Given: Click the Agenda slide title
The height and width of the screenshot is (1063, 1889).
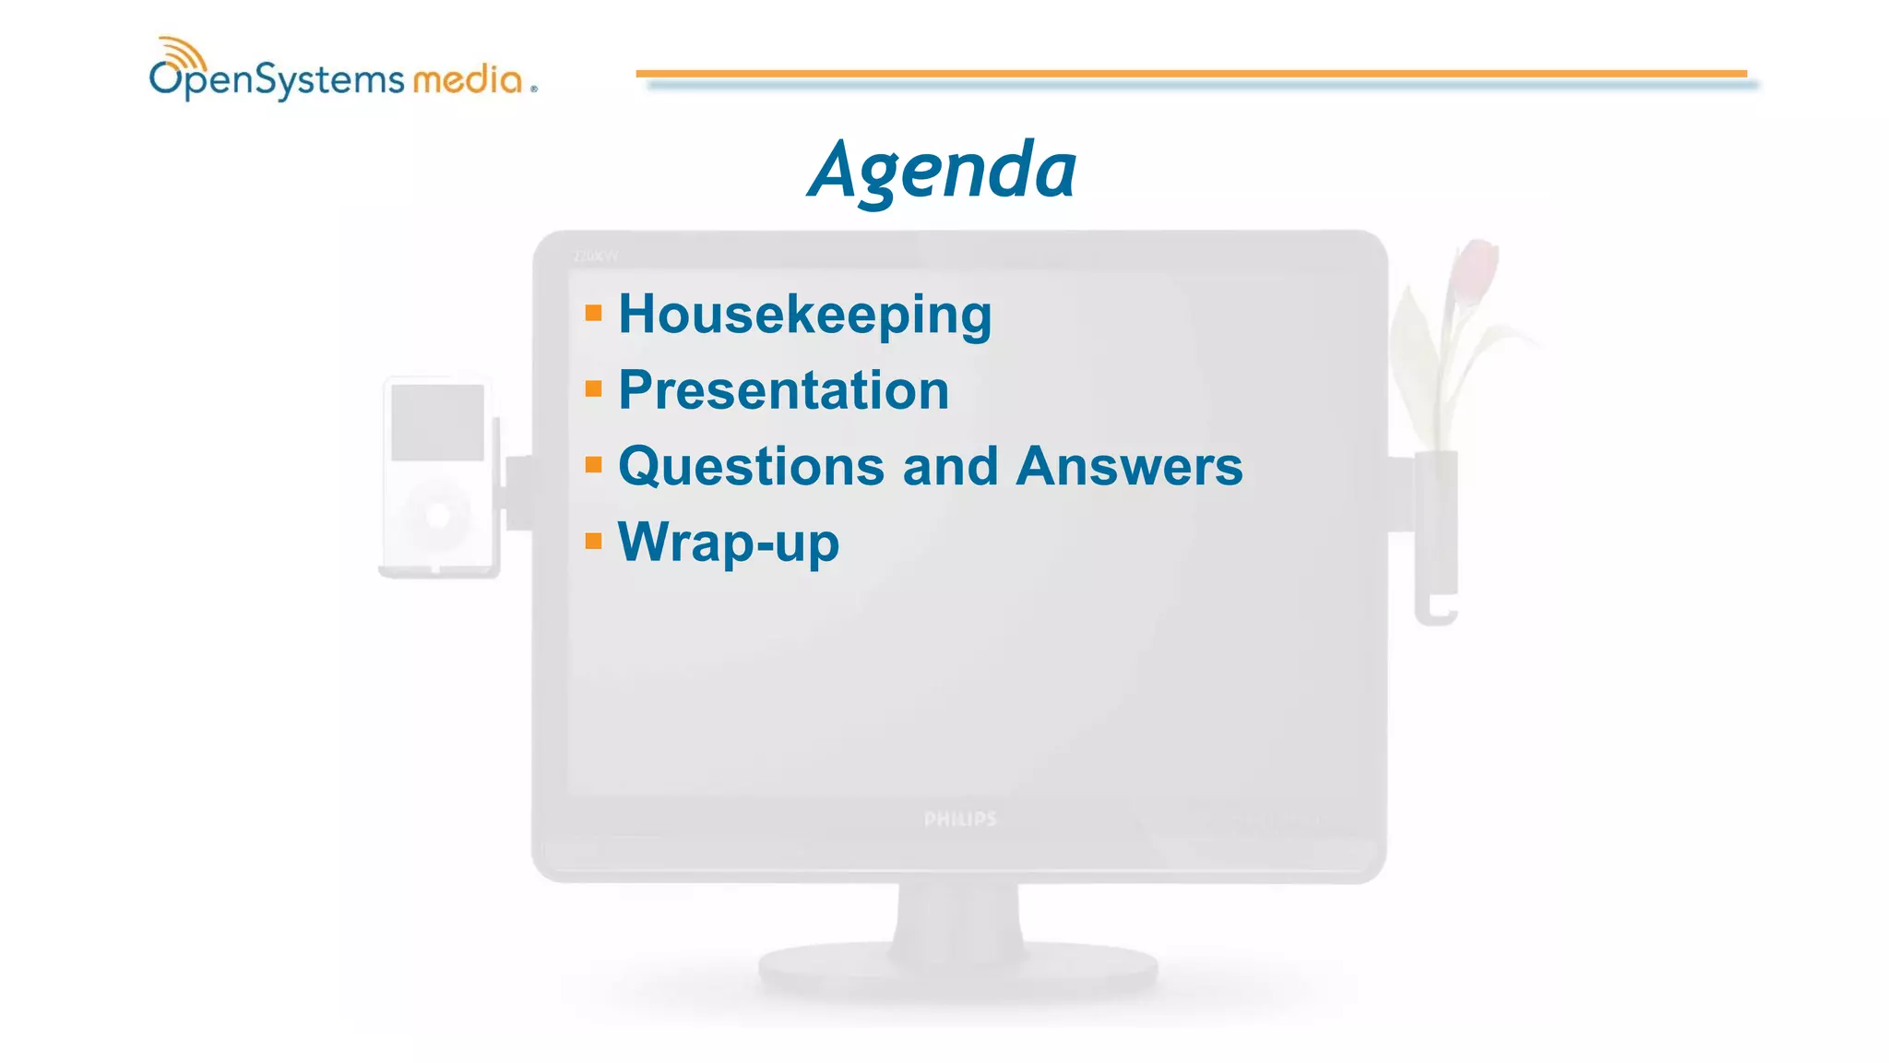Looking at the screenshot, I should tap(942, 171).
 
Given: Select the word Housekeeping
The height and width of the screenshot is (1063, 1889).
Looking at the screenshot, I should tap(804, 315).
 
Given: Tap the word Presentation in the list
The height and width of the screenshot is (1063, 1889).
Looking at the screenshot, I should tap(783, 390).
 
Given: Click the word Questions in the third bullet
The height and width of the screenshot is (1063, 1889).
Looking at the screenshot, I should tap(751, 466).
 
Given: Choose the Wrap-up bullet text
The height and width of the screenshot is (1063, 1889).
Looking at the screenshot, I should tap(728, 543).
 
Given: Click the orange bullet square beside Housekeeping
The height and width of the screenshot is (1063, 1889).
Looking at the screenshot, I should tap(593, 313).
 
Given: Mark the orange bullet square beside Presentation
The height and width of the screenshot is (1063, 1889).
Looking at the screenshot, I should tap(593, 388).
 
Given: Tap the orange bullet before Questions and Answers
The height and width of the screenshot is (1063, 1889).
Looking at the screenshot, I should tap(593, 464).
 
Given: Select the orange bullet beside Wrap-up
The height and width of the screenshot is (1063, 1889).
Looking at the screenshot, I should tap(593, 541).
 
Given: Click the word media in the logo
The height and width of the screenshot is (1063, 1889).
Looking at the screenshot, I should tap(468, 80).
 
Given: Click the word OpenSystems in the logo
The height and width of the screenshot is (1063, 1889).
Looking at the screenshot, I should tap(277, 81).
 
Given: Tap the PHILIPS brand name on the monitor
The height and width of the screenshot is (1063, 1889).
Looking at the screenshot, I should tap(960, 819).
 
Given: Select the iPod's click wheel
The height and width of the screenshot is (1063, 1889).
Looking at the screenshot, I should tap(437, 515).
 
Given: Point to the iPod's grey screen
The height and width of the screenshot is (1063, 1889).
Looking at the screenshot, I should tap(437, 423).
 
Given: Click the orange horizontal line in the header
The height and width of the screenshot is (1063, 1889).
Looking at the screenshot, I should tap(1190, 73).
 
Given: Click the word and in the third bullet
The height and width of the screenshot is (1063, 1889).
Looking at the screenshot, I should tap(950, 466).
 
